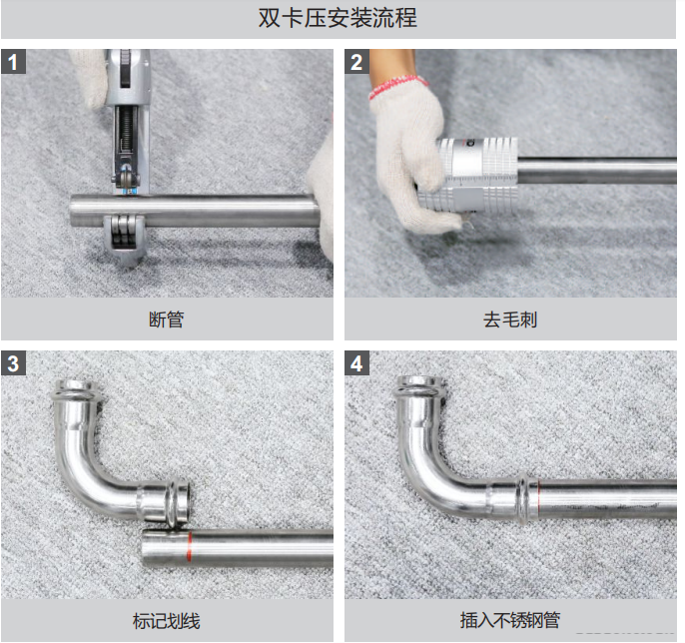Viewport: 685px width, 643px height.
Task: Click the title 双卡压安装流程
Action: click(x=343, y=19)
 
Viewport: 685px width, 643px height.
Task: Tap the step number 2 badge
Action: click(x=356, y=62)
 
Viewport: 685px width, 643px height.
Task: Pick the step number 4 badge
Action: click(x=356, y=363)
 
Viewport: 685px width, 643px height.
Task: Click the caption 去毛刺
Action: click(x=510, y=321)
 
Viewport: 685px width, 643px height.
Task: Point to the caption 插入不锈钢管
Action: click(x=510, y=621)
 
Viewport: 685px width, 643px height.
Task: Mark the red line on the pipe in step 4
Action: click(x=538, y=495)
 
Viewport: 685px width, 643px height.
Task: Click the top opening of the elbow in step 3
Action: click(x=77, y=388)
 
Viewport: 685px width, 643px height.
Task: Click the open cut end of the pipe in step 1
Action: click(x=76, y=212)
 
